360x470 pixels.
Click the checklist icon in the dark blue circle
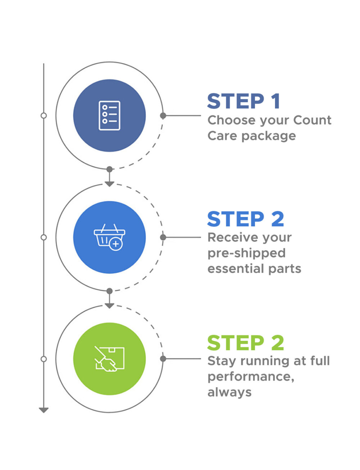point(109,116)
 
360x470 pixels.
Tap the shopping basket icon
point(109,236)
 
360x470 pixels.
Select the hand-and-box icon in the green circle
point(109,359)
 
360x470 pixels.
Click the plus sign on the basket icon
point(116,244)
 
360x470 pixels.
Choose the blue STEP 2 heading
point(246,219)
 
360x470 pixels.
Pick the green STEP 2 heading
point(246,343)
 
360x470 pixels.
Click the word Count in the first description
point(312,120)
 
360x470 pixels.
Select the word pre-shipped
point(247,253)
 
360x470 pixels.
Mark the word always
point(229,392)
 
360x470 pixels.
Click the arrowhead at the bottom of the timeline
point(44,410)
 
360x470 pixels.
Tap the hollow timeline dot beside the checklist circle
point(44,116)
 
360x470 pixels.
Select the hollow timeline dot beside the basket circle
point(44,237)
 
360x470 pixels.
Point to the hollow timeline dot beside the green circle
point(44,359)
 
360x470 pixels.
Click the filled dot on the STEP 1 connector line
point(163,116)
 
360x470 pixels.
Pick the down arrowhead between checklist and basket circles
point(109,184)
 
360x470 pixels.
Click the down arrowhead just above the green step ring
point(109,306)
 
